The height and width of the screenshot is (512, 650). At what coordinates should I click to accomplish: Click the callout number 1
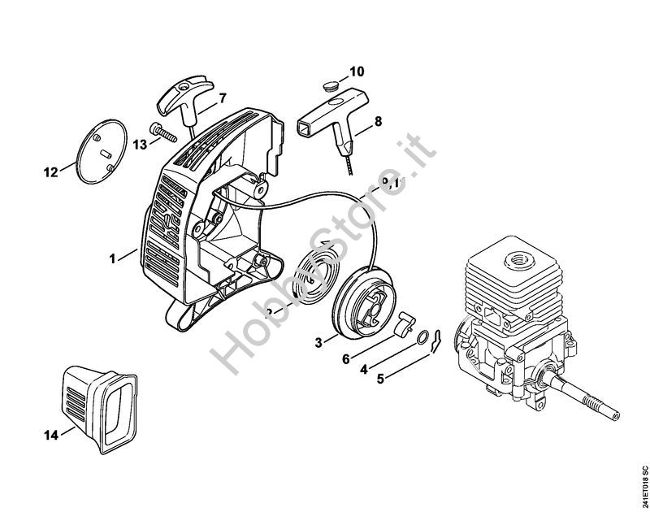click(x=113, y=258)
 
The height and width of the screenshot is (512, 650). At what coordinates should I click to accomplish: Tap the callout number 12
click(x=51, y=172)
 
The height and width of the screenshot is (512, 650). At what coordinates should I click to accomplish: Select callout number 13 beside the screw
click(x=140, y=144)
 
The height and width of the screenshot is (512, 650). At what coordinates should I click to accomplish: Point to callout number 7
click(x=223, y=98)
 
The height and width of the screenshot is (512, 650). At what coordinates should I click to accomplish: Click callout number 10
click(x=357, y=71)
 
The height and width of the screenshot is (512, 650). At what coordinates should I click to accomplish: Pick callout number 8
click(x=378, y=124)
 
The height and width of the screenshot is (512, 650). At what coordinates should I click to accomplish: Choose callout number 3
click(x=319, y=342)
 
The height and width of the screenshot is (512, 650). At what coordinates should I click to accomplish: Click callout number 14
click(x=50, y=436)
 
